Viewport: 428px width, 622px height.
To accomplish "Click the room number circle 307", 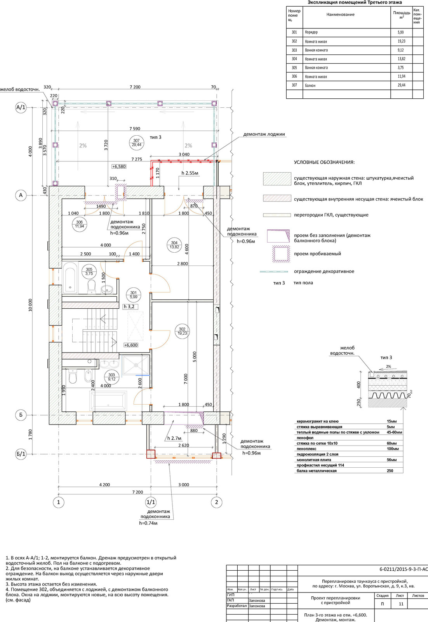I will (x=136, y=143).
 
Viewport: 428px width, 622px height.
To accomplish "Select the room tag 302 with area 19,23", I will (x=182, y=331).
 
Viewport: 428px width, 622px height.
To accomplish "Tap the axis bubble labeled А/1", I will (x=21, y=108).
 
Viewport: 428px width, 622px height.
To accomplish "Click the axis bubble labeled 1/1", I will (x=150, y=502).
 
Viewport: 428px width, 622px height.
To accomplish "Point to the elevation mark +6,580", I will (x=119, y=166).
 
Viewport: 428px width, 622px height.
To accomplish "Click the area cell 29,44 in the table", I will (x=401, y=85).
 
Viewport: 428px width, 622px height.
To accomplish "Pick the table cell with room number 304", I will (x=294, y=59).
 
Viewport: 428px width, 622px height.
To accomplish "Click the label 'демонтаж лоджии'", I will (x=264, y=135).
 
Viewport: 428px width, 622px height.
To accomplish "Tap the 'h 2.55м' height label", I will (x=190, y=173).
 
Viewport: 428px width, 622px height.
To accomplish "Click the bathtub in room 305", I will (x=70, y=278).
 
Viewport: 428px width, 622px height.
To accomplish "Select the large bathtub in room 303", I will (x=108, y=400).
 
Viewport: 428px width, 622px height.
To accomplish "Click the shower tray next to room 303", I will (x=136, y=365).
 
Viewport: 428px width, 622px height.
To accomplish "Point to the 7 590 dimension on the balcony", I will (x=135, y=129).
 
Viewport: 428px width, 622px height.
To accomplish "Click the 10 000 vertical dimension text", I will (x=30, y=306).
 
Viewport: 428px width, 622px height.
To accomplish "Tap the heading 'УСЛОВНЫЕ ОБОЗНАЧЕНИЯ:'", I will (x=324, y=162).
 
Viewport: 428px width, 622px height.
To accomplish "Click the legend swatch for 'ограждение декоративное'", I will (x=274, y=271).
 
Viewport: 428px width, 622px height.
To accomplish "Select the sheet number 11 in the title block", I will (x=401, y=604).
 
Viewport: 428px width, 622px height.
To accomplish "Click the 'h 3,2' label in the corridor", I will (x=129, y=307).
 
